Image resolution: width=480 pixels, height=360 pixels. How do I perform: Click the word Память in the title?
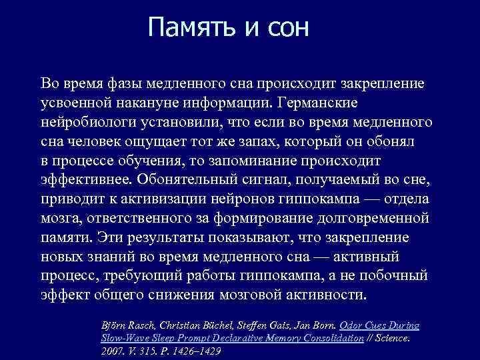[189, 27]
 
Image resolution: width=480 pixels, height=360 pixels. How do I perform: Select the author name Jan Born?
[314, 325]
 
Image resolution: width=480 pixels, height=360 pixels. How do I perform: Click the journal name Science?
[393, 338]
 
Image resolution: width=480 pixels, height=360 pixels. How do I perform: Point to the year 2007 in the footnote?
[111, 351]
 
